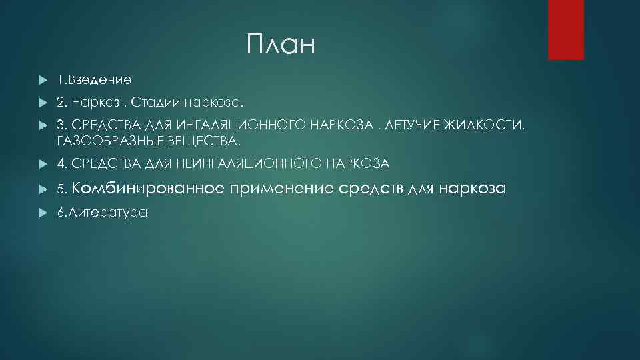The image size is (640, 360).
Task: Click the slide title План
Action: pos(279,45)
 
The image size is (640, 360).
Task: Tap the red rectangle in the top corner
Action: pos(565,29)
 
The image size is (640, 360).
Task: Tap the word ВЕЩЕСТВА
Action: pos(205,141)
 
